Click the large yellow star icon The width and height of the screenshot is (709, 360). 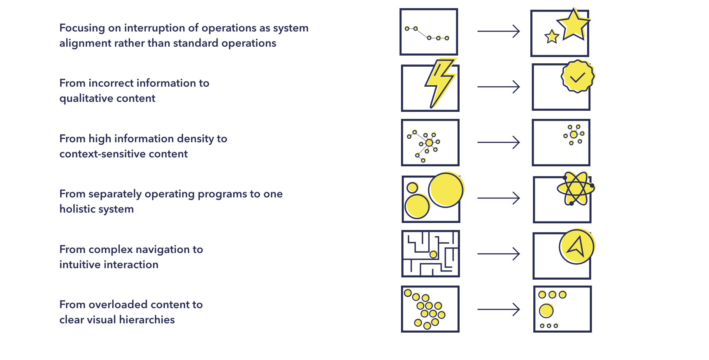pos(573,25)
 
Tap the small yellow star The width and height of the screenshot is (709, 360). pos(552,37)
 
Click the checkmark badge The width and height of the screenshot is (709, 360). pos(578,76)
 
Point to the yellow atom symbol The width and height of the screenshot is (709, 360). pos(576,189)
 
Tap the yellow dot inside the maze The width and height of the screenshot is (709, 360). pos(433,254)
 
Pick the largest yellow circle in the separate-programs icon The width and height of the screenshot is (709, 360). pos(446,190)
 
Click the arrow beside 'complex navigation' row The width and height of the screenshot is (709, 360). pos(498,254)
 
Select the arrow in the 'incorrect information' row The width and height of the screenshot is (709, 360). pos(498,87)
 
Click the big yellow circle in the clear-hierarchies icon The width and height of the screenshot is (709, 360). pos(546,311)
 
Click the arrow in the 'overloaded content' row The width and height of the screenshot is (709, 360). pos(498,309)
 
